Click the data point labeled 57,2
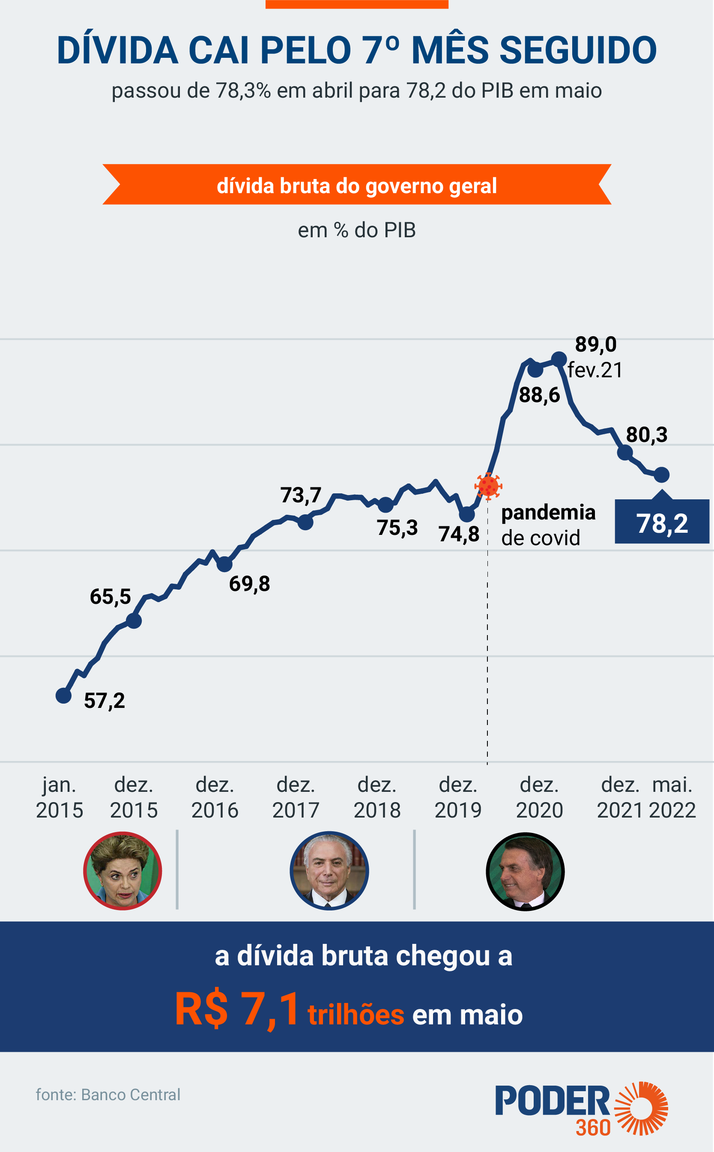click(x=63, y=695)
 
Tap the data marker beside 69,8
click(x=224, y=564)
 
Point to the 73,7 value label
click(x=301, y=495)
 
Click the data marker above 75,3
click(x=386, y=505)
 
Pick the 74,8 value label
click(x=459, y=534)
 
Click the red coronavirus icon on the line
click(x=488, y=485)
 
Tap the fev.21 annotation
click(x=595, y=370)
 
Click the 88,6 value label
click(x=539, y=395)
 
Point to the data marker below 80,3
click(x=625, y=452)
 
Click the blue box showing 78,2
click(x=662, y=522)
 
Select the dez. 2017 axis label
click(x=296, y=797)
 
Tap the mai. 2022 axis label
click(x=672, y=797)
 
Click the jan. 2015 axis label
click(x=60, y=797)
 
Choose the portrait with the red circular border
click(x=123, y=871)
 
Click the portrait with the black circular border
click(x=525, y=871)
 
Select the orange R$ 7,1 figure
click(x=237, y=1009)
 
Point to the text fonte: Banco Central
click(x=108, y=1095)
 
